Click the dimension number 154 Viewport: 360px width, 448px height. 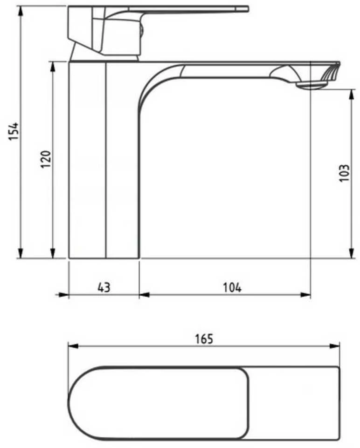click(14, 131)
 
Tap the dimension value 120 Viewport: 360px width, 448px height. click(46, 159)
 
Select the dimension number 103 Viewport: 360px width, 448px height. click(344, 173)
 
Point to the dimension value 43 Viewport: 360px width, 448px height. click(104, 287)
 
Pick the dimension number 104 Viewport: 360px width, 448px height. click(232, 287)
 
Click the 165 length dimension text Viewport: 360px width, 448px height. click(204, 339)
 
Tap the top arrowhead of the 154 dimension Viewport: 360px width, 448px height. click(21, 11)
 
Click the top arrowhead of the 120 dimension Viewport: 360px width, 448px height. click(53, 67)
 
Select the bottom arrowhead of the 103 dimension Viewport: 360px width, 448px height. click(351, 253)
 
